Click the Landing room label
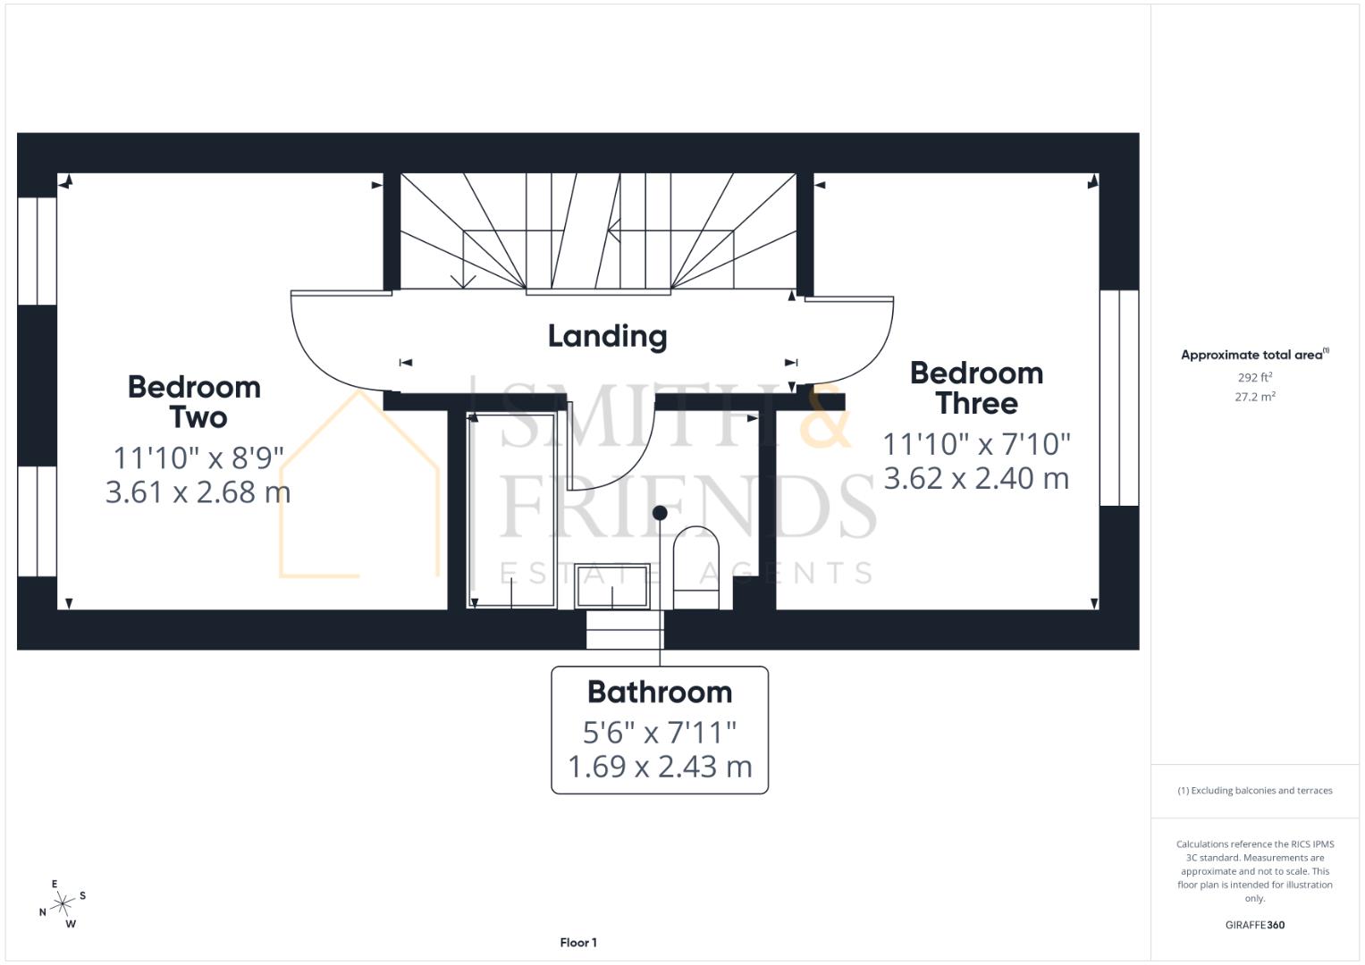[607, 337]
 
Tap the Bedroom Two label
[194, 402]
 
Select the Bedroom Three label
[976, 388]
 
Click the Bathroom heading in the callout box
[660, 692]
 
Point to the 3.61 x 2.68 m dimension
[198, 492]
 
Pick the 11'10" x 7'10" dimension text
[976, 444]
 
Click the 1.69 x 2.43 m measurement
[660, 767]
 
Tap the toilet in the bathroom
[695, 568]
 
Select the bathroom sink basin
[612, 586]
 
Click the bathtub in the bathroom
[511, 510]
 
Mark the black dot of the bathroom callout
[660, 513]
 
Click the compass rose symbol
[62, 905]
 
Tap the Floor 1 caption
[578, 943]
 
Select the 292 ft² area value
[1254, 378]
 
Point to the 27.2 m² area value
[1254, 397]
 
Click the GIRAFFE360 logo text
[1254, 925]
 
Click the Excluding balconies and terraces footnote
[1254, 791]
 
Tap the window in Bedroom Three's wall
[1119, 399]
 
